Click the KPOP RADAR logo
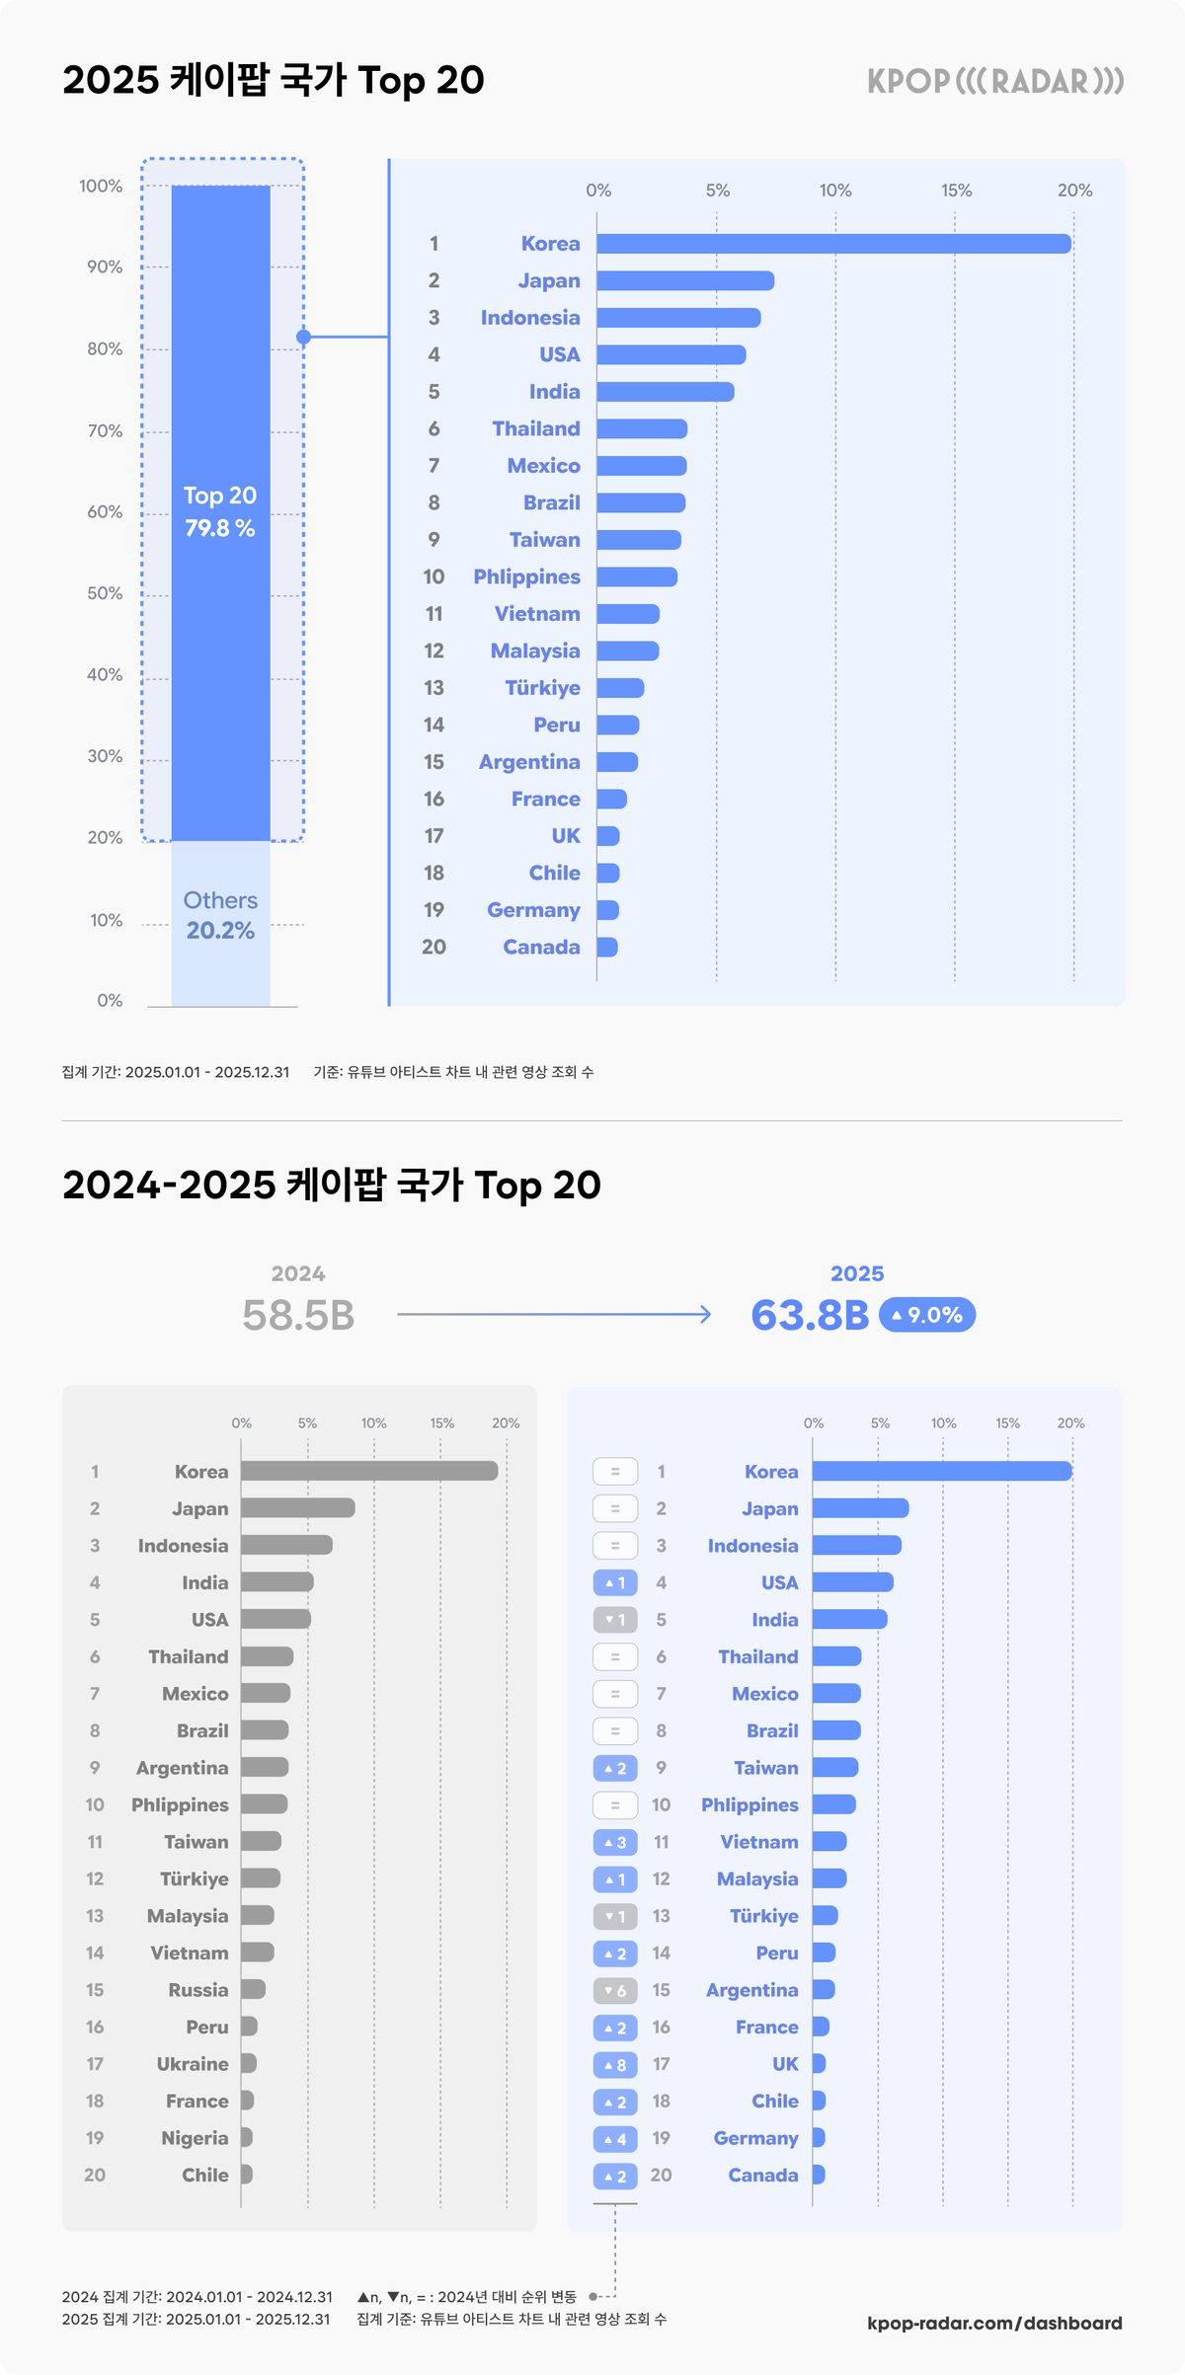click(x=995, y=81)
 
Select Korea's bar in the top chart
click(x=833, y=244)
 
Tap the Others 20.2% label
click(x=220, y=916)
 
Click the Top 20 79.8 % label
click(x=220, y=511)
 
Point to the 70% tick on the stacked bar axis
click(x=105, y=431)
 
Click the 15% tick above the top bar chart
click(x=956, y=191)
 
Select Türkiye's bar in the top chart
click(x=620, y=688)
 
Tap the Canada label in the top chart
click(x=541, y=948)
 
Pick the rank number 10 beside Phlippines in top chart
click(x=434, y=577)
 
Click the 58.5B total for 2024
click(x=298, y=1315)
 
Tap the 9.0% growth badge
click(x=927, y=1315)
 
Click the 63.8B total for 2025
click(x=810, y=1315)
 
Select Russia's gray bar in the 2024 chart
click(x=253, y=1990)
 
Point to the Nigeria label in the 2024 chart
click(x=195, y=2138)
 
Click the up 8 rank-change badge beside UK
click(x=614, y=2065)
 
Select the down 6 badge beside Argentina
click(x=614, y=1991)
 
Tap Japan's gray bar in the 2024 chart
click(x=297, y=1508)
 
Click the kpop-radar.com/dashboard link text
click(x=994, y=2324)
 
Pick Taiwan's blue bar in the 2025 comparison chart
click(x=835, y=1768)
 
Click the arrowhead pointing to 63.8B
click(x=705, y=1315)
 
